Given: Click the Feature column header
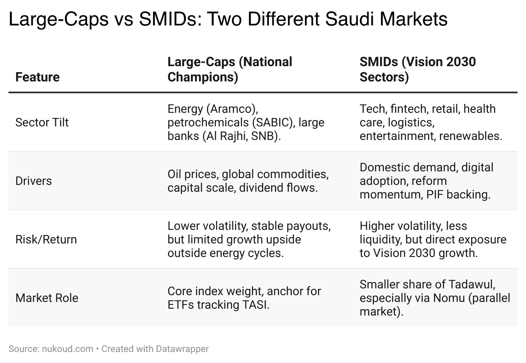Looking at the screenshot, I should [37, 77].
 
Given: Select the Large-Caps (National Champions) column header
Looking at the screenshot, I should [230, 69].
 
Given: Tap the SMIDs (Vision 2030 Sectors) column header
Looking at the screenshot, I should [417, 69].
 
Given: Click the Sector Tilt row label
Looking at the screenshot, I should [42, 122].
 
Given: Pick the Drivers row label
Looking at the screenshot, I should [34, 181].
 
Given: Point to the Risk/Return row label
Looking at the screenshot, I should [46, 239].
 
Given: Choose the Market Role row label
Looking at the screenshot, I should [47, 298].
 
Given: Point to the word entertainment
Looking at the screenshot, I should [397, 136].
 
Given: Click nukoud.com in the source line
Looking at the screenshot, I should [67, 349].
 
